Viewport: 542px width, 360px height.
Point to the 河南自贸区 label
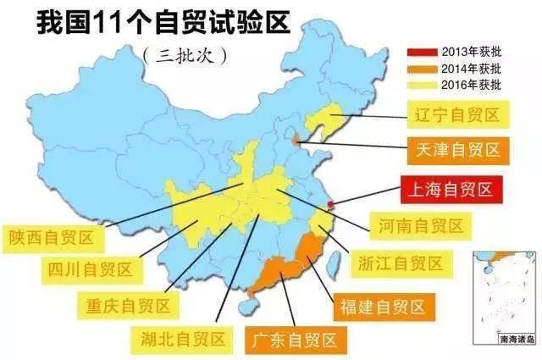tap(422, 225)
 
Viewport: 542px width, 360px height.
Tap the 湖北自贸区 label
tap(184, 339)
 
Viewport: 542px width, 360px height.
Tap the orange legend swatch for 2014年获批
tap(424, 67)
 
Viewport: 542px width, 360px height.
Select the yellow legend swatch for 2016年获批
tap(424, 85)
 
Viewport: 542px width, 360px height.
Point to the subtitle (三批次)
tap(183, 56)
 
